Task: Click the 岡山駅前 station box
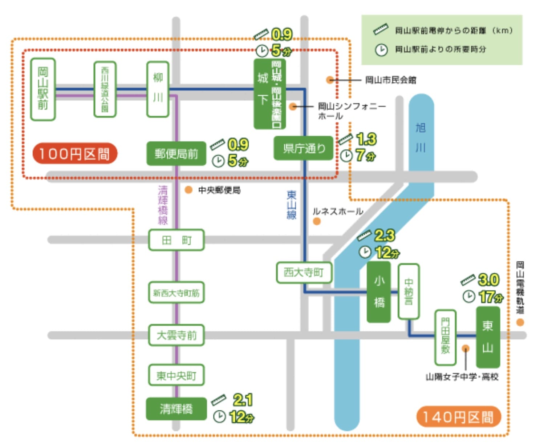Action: pyautogui.click(x=43, y=89)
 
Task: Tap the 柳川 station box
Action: pyautogui.click(x=158, y=89)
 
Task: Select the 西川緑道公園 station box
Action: pyautogui.click(x=105, y=89)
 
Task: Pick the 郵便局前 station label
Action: pyautogui.click(x=176, y=154)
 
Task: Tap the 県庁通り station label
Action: pyautogui.click(x=304, y=148)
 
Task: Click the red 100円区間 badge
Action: pyautogui.click(x=75, y=154)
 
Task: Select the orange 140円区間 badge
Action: pyautogui.click(x=458, y=417)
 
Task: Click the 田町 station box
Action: pyautogui.click(x=176, y=240)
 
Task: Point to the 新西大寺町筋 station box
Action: pyautogui.click(x=176, y=293)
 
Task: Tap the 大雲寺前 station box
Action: pyautogui.click(x=176, y=335)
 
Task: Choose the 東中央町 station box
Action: pyautogui.click(x=176, y=375)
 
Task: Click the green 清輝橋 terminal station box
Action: pyautogui.click(x=176, y=409)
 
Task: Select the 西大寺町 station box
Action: pyautogui.click(x=304, y=273)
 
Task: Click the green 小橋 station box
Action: pyautogui.click(x=379, y=292)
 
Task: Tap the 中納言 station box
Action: pyautogui.click(x=409, y=292)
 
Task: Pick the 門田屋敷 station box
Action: pyautogui.click(x=445, y=337)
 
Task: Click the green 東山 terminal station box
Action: pyautogui.click(x=488, y=337)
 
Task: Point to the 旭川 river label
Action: pyautogui.click(x=421, y=137)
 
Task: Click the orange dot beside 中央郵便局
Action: pyautogui.click(x=188, y=190)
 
